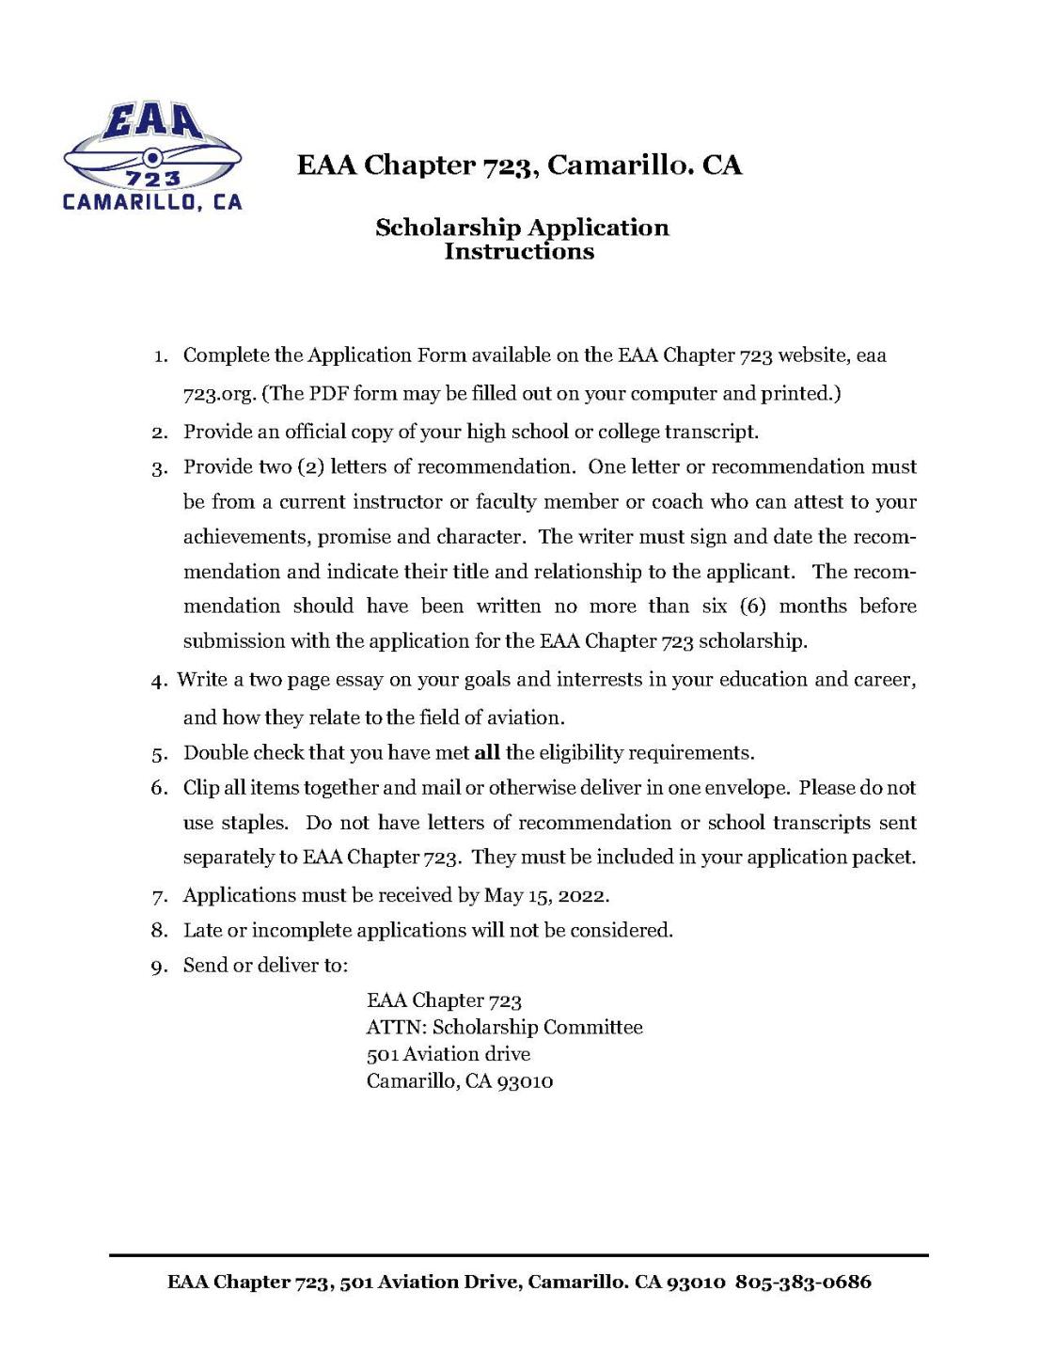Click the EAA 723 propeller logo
(151, 156)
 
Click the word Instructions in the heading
(519, 251)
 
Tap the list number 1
(161, 356)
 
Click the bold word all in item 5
(487, 752)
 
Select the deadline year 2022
(579, 894)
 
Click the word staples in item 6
(255, 822)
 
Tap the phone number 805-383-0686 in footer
(803, 1282)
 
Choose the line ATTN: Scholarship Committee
(504, 1027)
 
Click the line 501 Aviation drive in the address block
(449, 1054)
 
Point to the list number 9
(159, 966)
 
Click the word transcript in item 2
(710, 432)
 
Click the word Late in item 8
(202, 930)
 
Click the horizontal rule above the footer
(518, 1254)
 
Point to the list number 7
(159, 895)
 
